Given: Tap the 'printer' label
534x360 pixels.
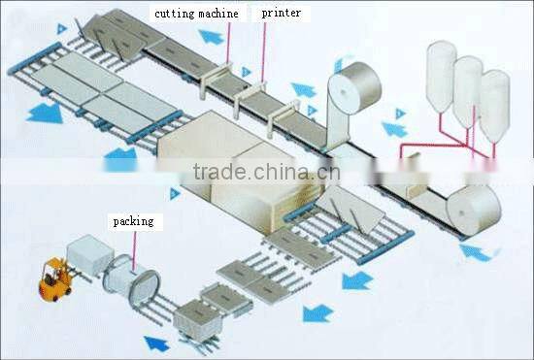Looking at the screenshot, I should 281,14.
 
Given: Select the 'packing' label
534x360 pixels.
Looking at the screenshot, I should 133,221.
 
